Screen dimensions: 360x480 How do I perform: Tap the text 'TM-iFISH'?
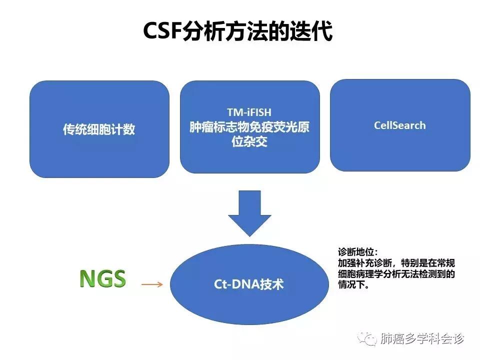pos(249,112)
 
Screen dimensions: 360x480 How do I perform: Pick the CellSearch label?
pos(399,125)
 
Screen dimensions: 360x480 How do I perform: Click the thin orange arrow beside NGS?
pos(152,284)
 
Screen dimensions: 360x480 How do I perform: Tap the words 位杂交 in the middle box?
pos(249,141)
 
